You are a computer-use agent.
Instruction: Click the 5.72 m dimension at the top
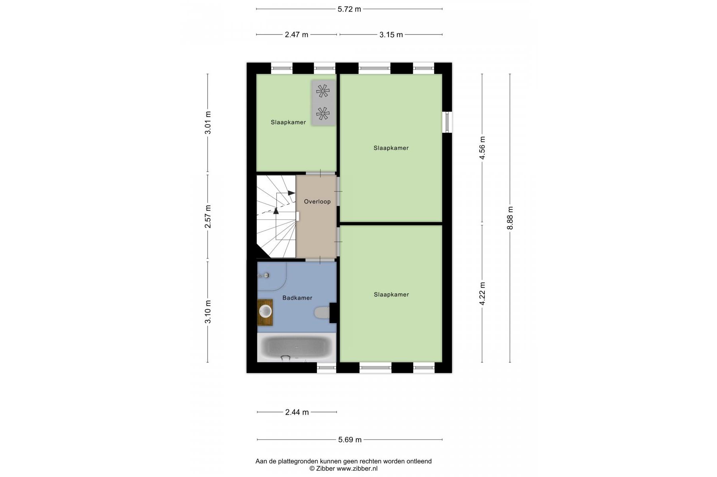(x=349, y=9)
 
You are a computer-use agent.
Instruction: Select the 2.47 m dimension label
(x=296, y=35)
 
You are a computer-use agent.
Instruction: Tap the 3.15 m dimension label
(x=391, y=35)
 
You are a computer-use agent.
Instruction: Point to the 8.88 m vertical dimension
(x=510, y=218)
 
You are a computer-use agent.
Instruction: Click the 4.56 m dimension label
(x=482, y=148)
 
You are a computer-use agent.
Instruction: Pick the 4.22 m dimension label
(x=482, y=294)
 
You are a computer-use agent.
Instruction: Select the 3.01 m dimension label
(x=208, y=123)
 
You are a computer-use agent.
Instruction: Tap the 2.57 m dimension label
(x=208, y=217)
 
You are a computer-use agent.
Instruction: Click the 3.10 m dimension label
(x=208, y=312)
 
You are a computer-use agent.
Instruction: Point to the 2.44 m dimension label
(x=297, y=412)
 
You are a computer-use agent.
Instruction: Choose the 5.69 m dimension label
(x=350, y=440)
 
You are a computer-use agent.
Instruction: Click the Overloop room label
(x=317, y=202)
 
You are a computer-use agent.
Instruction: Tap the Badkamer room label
(x=297, y=298)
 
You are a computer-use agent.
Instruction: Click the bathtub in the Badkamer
(x=297, y=347)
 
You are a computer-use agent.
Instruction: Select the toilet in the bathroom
(x=322, y=312)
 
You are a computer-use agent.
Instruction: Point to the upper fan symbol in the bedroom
(x=323, y=91)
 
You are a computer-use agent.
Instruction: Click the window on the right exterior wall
(x=447, y=122)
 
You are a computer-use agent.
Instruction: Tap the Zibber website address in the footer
(x=357, y=469)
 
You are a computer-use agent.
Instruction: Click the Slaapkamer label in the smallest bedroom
(x=288, y=122)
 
